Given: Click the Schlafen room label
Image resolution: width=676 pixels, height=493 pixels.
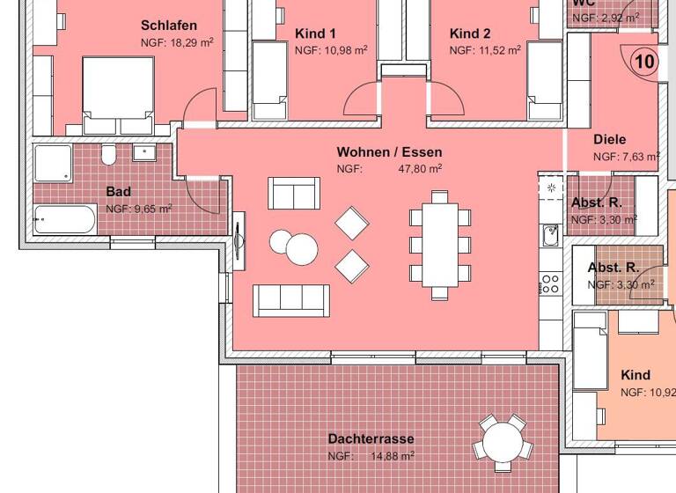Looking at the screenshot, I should click(169, 26).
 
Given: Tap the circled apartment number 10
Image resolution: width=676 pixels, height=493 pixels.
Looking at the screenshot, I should click(644, 62).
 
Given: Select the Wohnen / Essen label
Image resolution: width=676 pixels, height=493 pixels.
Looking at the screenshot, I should click(389, 152).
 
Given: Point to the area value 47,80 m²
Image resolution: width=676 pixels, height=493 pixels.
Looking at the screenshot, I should click(420, 168).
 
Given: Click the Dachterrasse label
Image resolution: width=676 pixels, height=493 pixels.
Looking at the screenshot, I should click(371, 438).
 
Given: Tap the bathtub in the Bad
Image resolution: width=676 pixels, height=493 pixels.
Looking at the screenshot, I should click(64, 219).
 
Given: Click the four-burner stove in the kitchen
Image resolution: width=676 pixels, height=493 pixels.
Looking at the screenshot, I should click(550, 283).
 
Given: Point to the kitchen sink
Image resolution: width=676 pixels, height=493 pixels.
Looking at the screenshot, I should click(550, 235).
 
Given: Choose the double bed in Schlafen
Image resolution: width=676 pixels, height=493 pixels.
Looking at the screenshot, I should click(116, 95).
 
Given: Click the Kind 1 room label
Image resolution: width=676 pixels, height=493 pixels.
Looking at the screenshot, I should click(315, 33).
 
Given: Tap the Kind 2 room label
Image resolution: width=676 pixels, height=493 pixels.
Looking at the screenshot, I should click(470, 33).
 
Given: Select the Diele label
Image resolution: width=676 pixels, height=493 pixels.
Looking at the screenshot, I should click(609, 139).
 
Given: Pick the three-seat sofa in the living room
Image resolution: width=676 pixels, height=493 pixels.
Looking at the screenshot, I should click(290, 299).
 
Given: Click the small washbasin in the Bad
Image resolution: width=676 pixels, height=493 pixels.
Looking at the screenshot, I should click(143, 152).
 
